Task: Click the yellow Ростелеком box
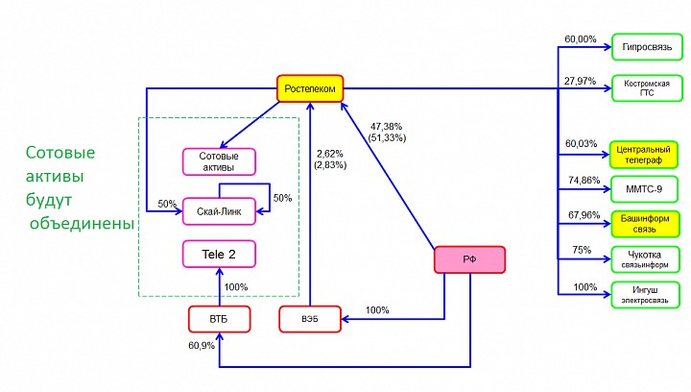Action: [x=311, y=88]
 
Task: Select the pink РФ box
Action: [x=469, y=260]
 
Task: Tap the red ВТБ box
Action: [x=219, y=319]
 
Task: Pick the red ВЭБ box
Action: [x=310, y=319]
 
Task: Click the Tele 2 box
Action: [x=218, y=254]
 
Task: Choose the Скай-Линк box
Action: [x=218, y=210]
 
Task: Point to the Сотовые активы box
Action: [x=218, y=161]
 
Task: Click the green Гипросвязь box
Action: [x=646, y=47]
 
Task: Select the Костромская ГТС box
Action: [x=646, y=88]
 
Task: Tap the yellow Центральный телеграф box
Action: [x=644, y=154]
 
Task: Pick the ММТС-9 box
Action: [x=646, y=189]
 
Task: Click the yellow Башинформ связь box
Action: [x=645, y=225]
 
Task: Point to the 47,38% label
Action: [x=387, y=126]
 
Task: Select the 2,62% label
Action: [x=330, y=154]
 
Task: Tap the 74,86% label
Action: [x=583, y=180]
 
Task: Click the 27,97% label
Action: [x=581, y=81]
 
